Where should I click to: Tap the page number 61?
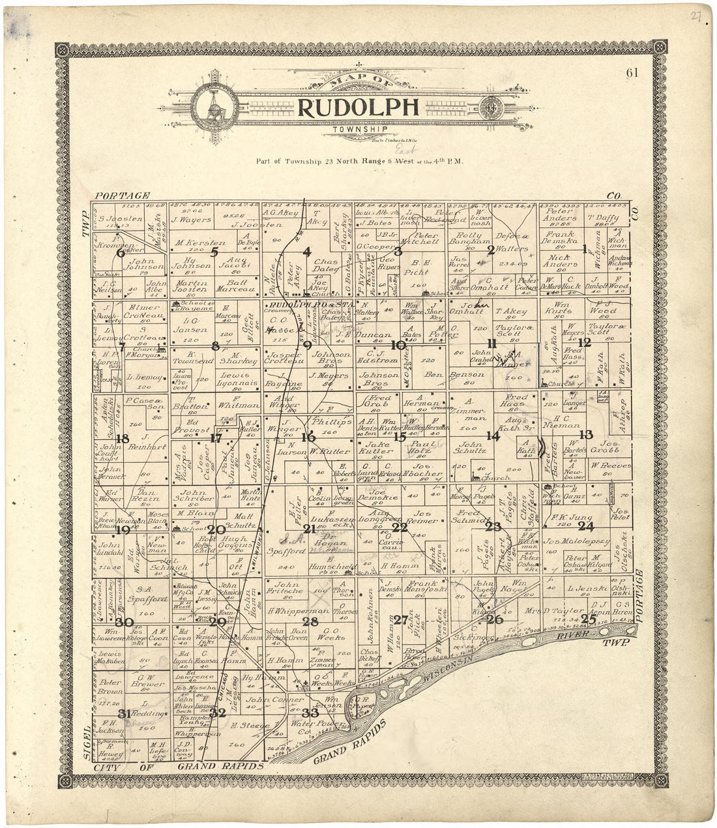point(632,73)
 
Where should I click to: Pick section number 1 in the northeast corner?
point(584,248)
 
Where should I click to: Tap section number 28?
point(310,621)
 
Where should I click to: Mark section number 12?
point(585,342)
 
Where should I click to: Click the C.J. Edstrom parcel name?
point(378,355)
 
